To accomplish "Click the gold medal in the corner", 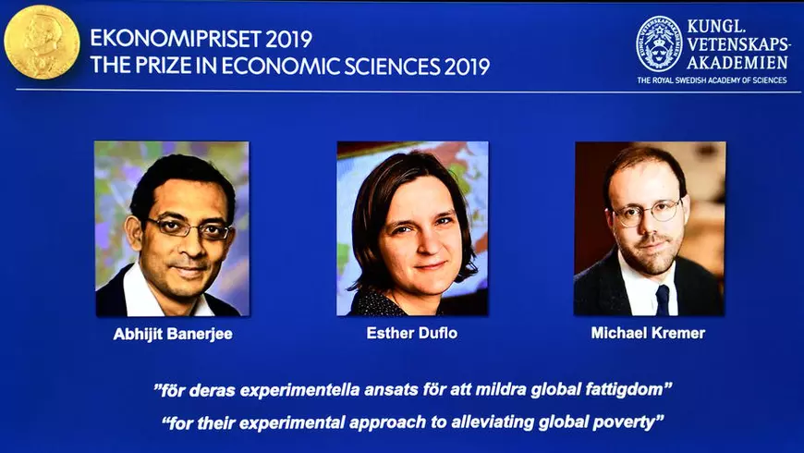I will (x=42, y=42).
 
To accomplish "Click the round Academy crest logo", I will (x=659, y=43).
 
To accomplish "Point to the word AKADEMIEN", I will (x=737, y=63).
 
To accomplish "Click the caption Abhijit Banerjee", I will (x=173, y=334).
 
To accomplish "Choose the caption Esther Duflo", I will (x=412, y=333).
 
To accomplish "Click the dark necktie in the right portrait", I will (x=662, y=300).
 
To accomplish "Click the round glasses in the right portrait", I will (x=647, y=212).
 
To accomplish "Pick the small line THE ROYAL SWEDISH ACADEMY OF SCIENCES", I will (x=712, y=80).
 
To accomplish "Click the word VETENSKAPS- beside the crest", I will (x=739, y=43).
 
